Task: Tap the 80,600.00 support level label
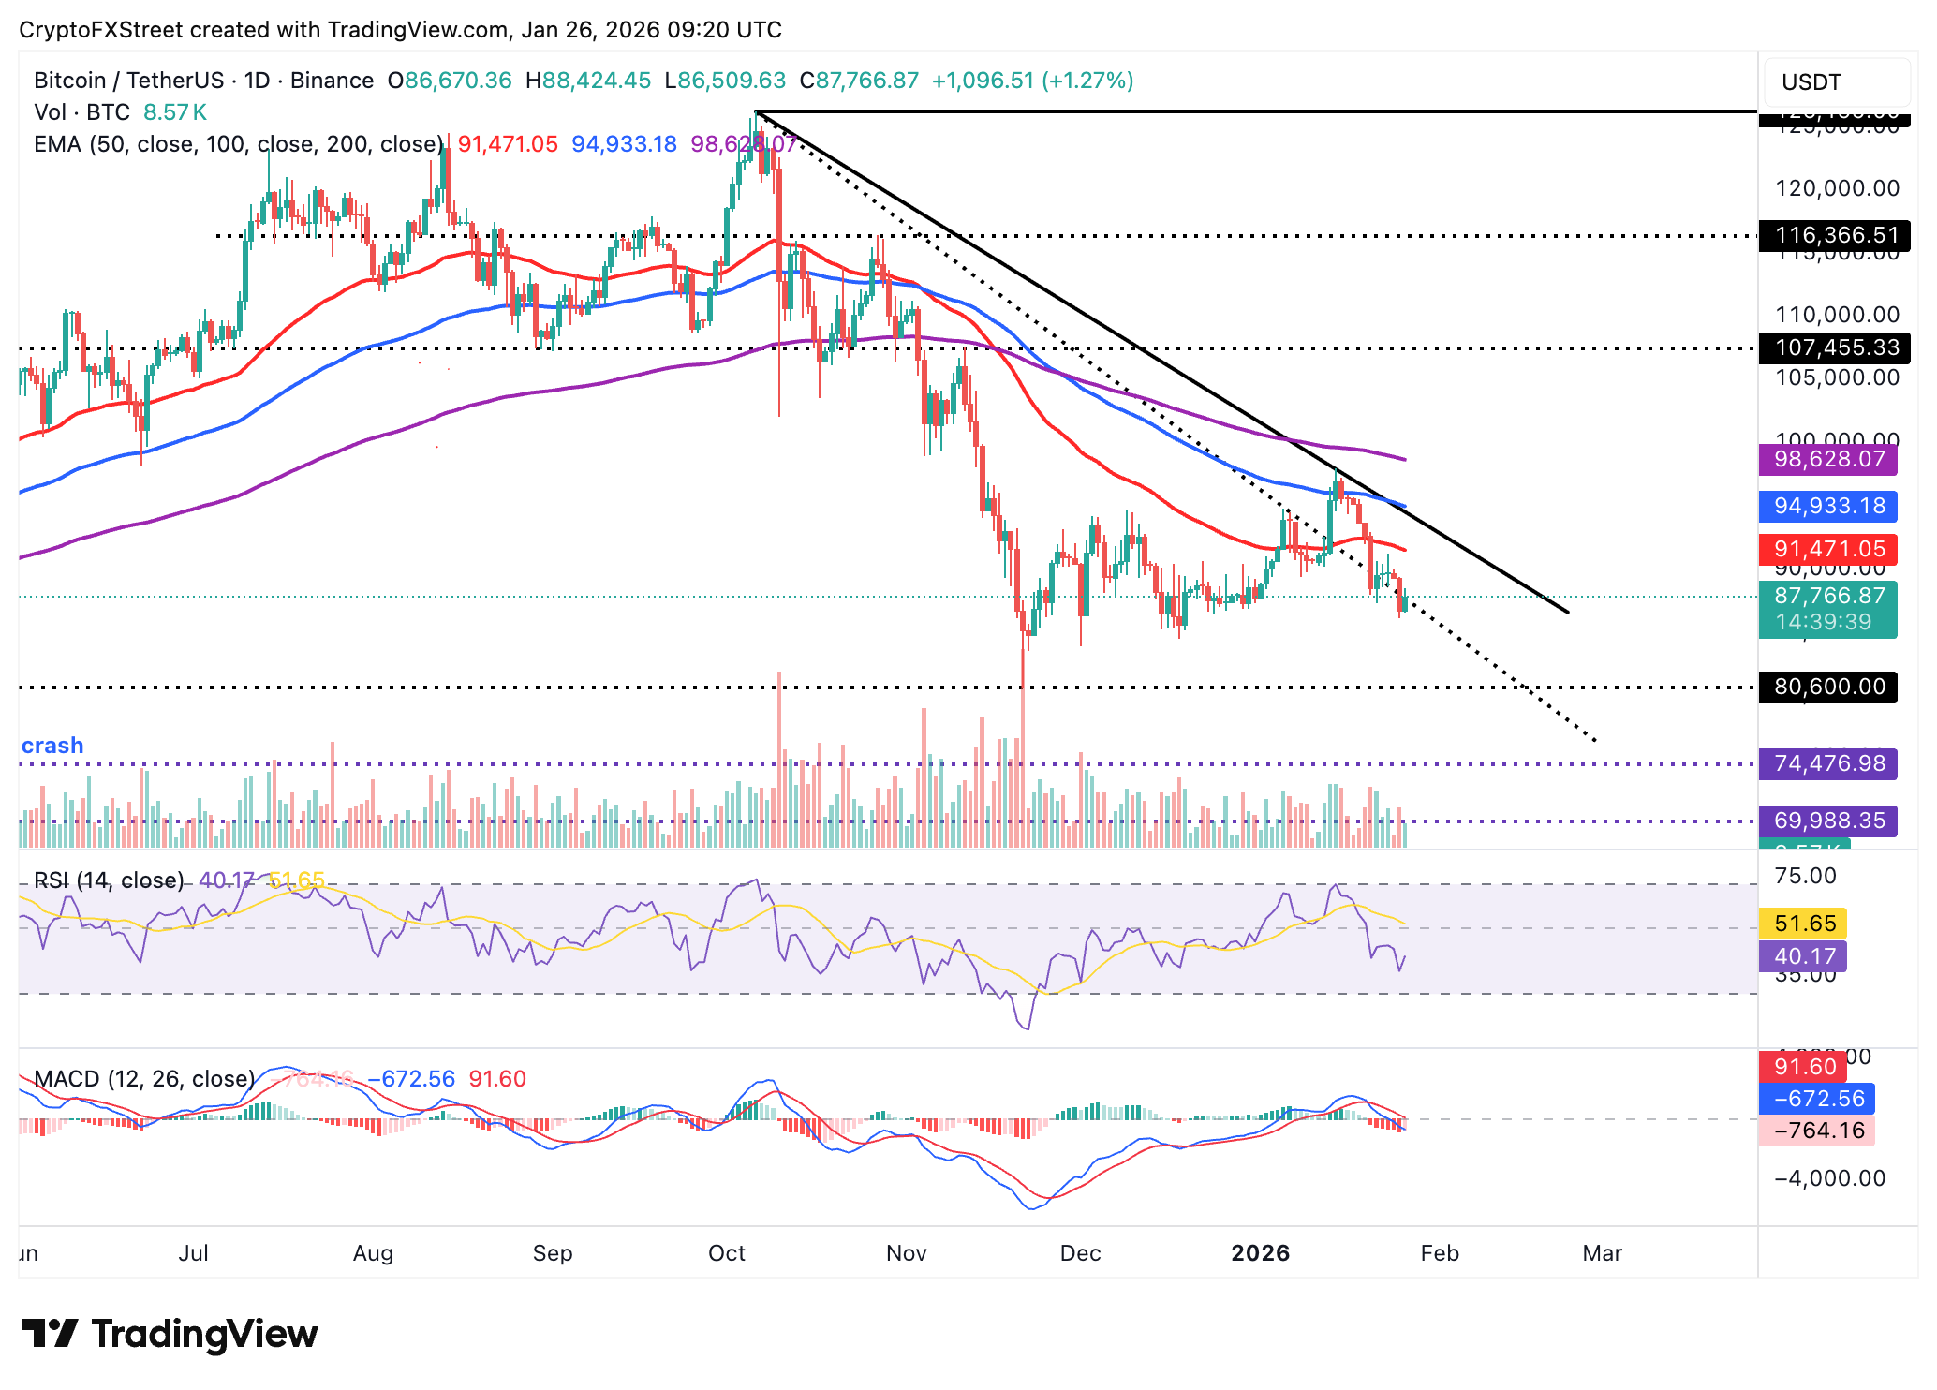point(1828,687)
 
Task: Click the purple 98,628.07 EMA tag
point(1828,459)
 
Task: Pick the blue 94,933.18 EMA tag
point(1828,506)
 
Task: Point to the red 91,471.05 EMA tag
point(1828,549)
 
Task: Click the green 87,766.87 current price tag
point(1828,597)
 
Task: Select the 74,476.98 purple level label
point(1828,763)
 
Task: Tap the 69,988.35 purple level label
point(1828,821)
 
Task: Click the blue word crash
point(52,746)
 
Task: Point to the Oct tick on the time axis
point(727,1253)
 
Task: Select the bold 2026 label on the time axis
point(1260,1253)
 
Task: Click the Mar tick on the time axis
point(1602,1253)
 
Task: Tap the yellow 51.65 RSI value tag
point(1804,924)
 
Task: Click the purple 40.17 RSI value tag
point(1804,956)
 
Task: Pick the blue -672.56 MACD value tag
point(1818,1099)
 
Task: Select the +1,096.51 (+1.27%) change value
point(1032,81)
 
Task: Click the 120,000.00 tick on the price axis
point(1837,188)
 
